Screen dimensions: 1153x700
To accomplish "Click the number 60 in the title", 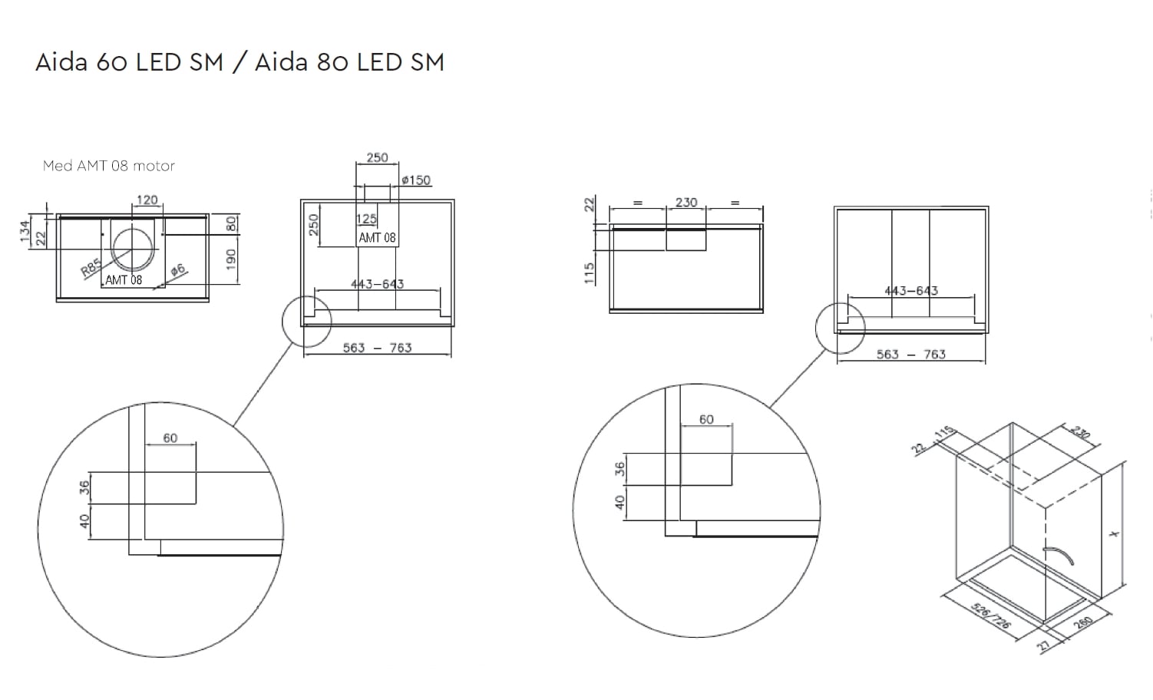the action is point(113,62).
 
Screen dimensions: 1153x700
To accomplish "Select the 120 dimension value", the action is point(147,200).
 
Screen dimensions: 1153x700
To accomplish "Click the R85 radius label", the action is point(91,268).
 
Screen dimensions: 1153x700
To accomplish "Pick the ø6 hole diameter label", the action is point(178,269).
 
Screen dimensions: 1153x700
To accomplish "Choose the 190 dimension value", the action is point(231,259).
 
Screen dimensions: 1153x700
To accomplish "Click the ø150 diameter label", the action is point(416,180).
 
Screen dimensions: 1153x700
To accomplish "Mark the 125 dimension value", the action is point(366,219).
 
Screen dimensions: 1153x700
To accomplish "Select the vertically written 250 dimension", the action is point(313,225).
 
